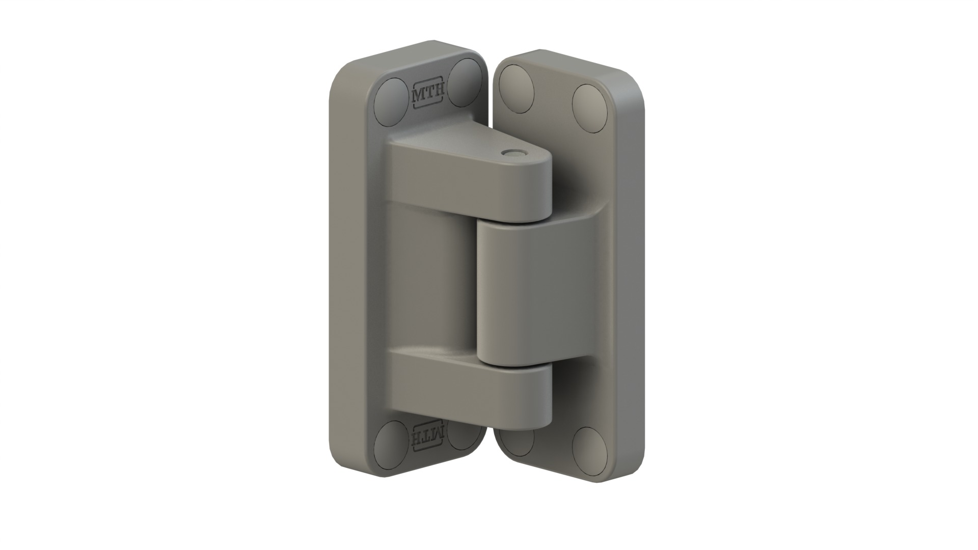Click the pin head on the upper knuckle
(x=510, y=153)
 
